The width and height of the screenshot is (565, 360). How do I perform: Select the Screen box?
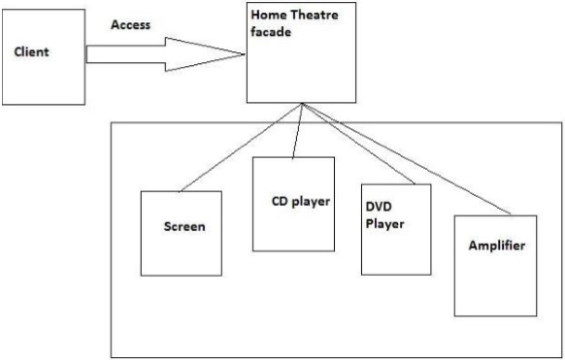tap(181, 233)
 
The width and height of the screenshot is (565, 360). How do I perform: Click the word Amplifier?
tap(495, 246)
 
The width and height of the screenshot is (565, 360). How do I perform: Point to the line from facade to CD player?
tap(297, 131)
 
